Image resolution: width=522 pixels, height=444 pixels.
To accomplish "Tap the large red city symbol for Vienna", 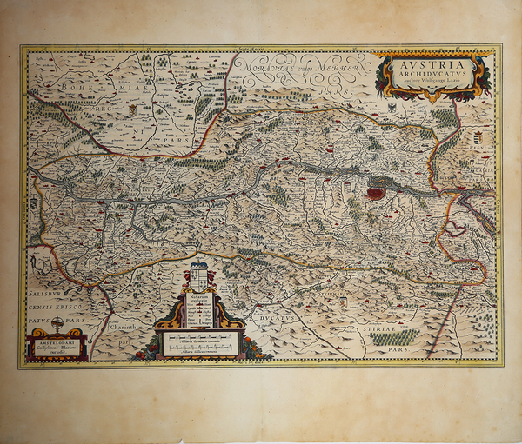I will click(376, 193).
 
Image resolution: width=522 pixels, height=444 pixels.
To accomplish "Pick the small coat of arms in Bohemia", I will click(132, 110).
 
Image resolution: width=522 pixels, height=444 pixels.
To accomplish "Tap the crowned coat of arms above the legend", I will click(199, 277).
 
